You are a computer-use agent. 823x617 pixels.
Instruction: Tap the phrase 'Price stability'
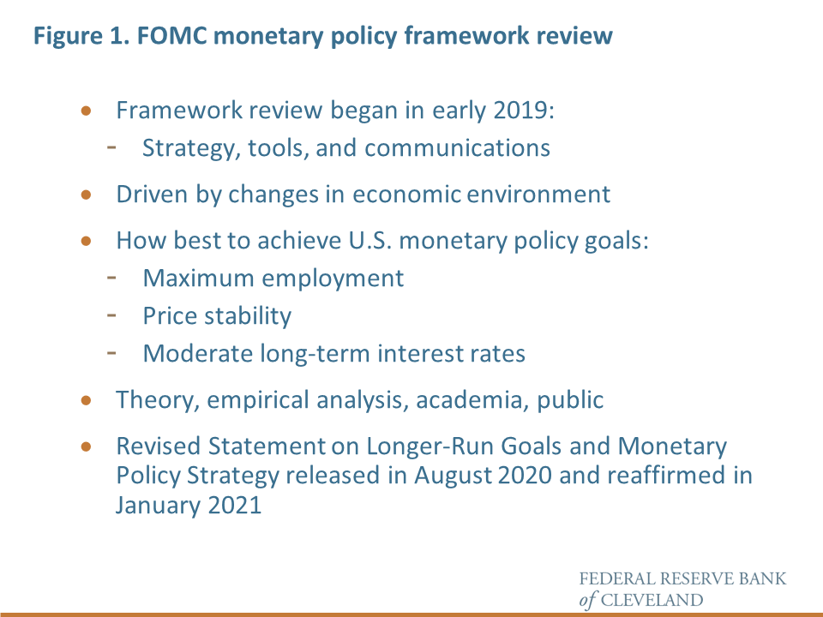pos(217,316)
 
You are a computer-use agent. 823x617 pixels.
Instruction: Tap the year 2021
pos(231,505)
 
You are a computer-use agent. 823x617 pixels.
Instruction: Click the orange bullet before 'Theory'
pos(86,399)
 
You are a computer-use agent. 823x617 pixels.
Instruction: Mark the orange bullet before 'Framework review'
pos(86,111)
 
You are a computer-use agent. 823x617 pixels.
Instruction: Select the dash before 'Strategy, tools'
pos(112,146)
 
